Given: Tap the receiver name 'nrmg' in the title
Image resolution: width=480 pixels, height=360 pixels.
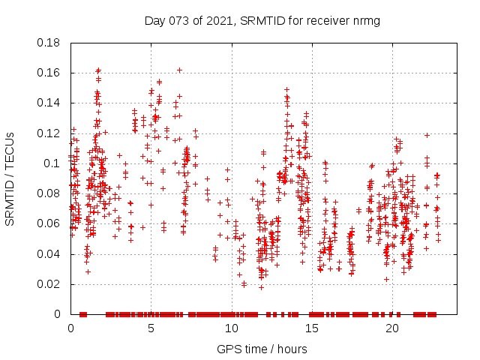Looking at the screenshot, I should coord(365,21).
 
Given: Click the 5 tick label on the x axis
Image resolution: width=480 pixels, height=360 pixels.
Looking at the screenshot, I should coord(151,328).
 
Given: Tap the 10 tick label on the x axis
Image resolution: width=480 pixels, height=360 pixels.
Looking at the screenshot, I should coord(231,328).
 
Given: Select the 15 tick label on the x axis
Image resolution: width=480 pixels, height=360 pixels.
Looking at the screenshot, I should coord(311,328).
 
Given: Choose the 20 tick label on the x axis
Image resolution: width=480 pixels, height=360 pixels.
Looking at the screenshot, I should coord(391,328).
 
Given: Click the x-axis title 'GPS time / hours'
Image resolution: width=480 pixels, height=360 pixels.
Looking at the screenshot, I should coord(262,349).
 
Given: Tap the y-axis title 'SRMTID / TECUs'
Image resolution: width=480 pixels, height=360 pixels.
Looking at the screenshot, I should coord(10,178).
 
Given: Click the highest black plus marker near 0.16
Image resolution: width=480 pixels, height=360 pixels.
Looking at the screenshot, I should coord(179,70).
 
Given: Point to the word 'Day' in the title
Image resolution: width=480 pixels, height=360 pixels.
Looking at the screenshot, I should coord(154,21).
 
